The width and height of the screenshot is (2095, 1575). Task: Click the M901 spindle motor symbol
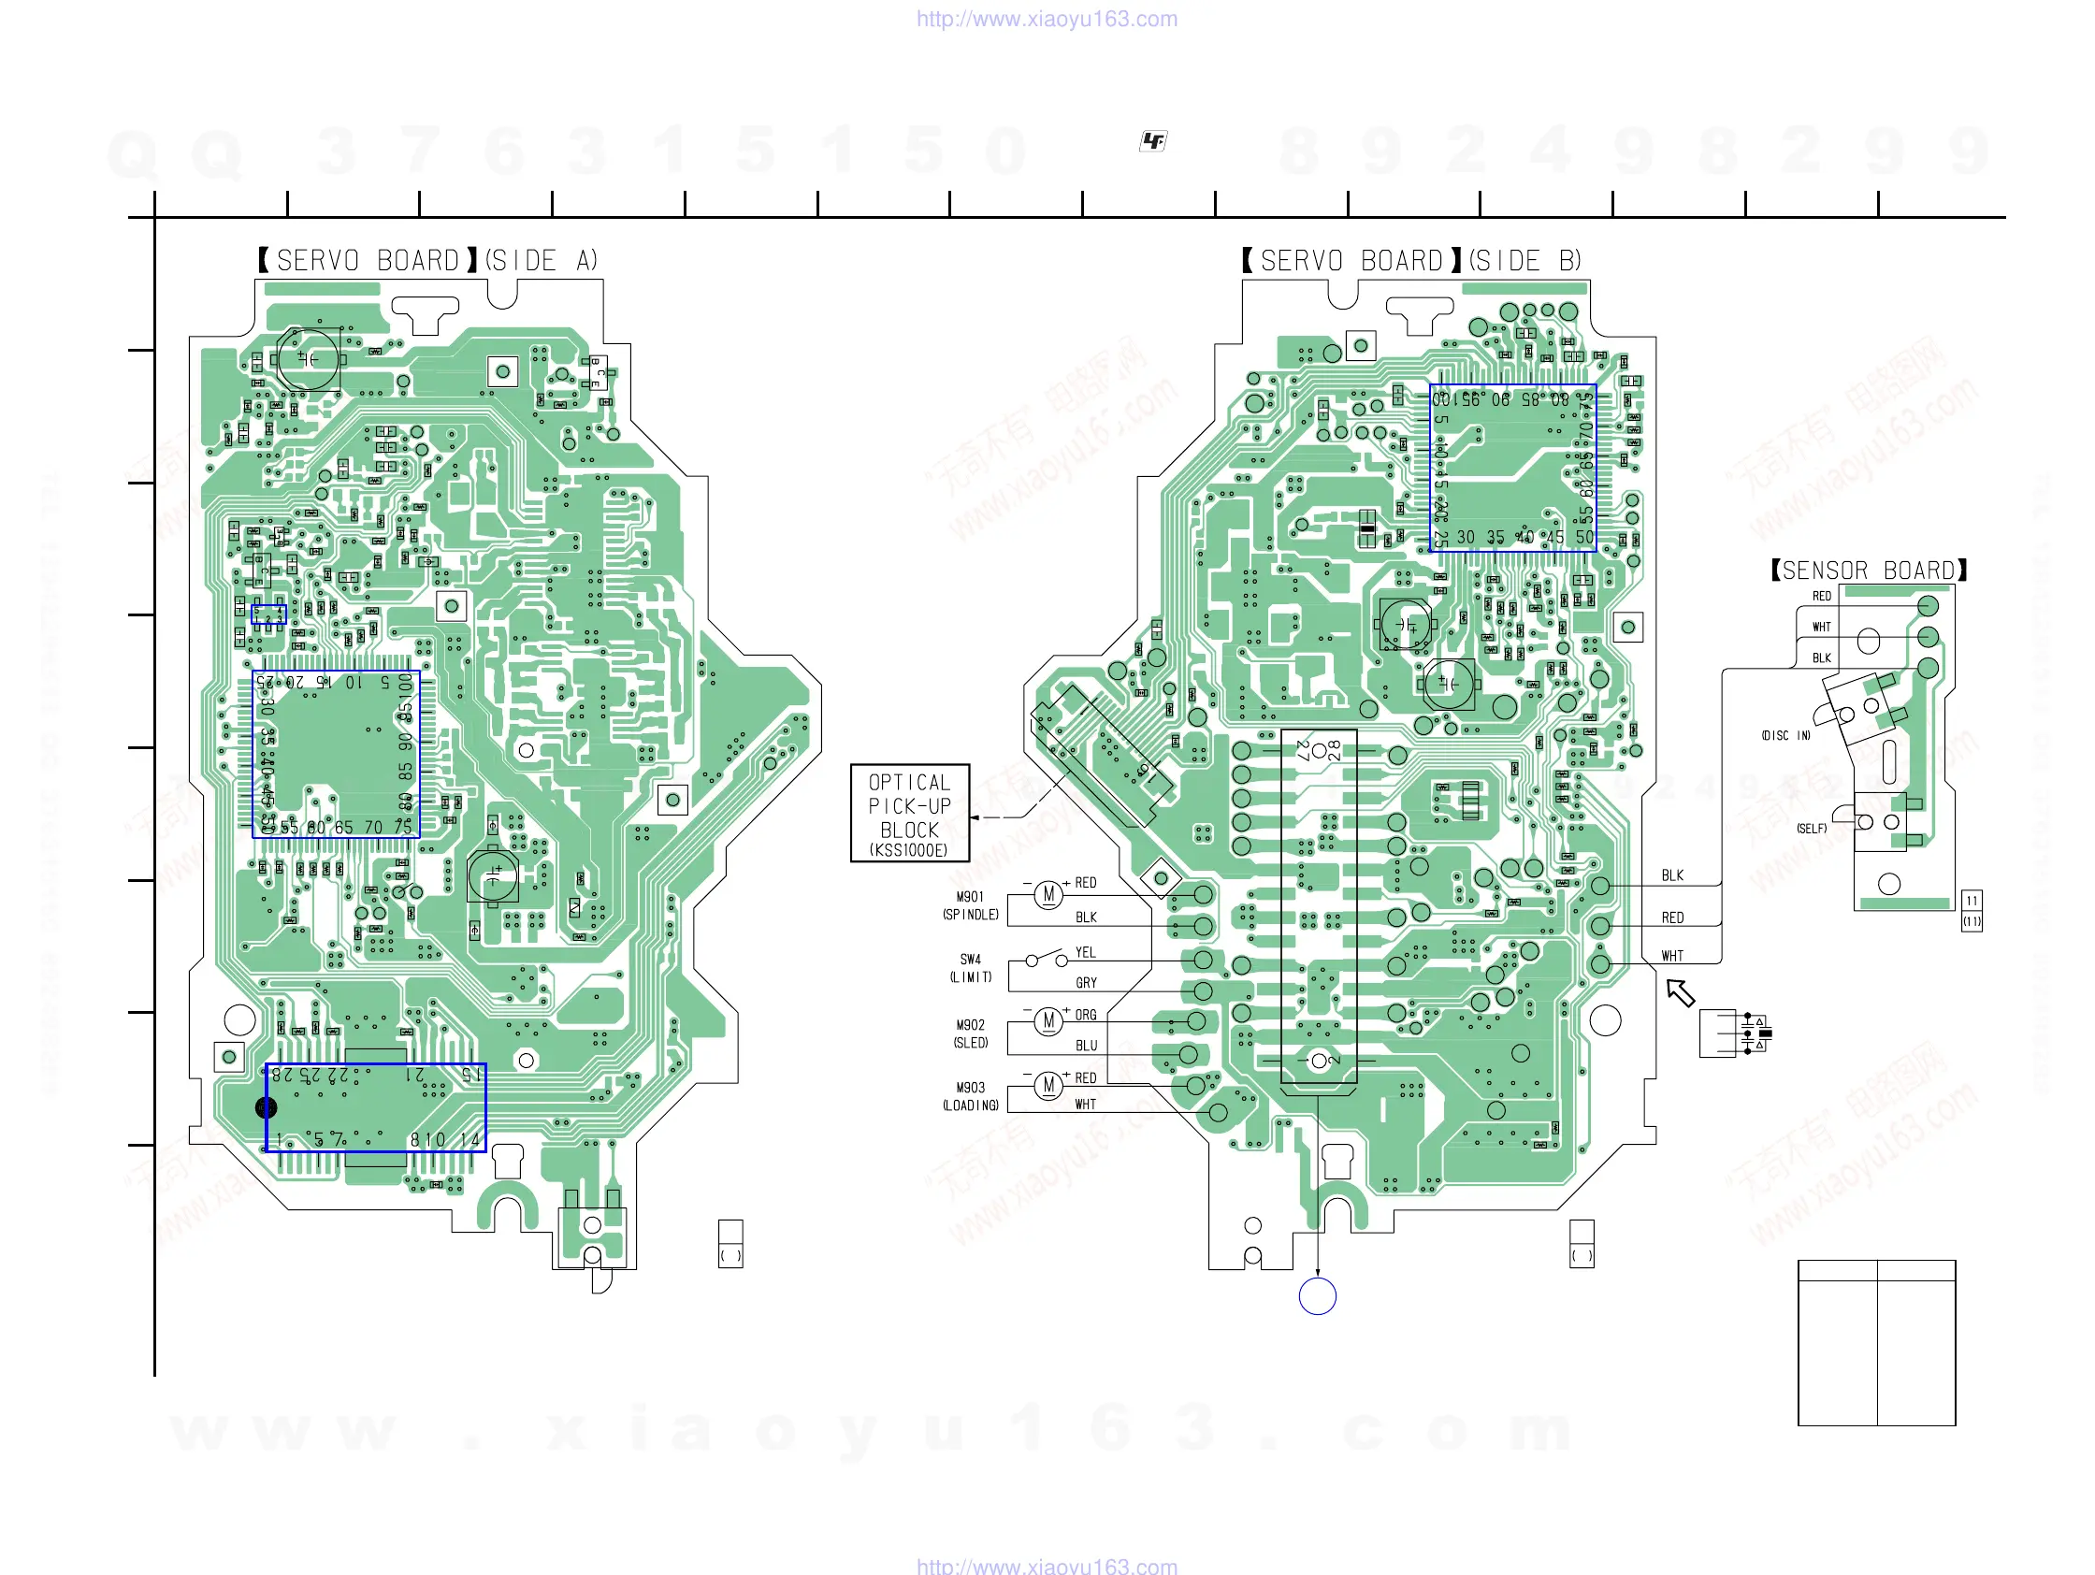point(1047,894)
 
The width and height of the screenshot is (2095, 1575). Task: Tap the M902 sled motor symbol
point(1047,1020)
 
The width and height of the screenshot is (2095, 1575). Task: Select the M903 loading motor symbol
point(1047,1084)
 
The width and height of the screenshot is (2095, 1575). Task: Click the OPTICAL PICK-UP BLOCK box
point(909,812)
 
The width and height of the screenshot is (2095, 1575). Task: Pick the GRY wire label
point(1086,983)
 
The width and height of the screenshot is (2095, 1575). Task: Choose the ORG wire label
point(1086,1016)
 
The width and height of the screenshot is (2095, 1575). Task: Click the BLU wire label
point(1086,1046)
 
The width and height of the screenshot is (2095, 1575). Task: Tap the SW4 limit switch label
point(970,960)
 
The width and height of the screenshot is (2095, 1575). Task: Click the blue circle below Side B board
point(1317,1295)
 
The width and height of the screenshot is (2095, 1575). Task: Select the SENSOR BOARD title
point(1869,571)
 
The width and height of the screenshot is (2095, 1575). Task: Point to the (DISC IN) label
point(1785,736)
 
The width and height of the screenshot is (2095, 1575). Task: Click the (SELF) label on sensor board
point(1811,829)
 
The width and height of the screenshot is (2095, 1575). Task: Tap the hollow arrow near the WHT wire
point(1680,992)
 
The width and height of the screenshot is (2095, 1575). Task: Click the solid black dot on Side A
point(267,1107)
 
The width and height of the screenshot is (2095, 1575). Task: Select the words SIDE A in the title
point(542,260)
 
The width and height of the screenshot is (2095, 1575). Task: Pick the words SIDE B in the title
point(1524,260)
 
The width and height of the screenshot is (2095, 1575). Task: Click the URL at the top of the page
point(1047,19)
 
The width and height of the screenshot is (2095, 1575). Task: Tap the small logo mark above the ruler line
point(1152,141)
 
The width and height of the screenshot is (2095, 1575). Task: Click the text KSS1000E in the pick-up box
point(909,850)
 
